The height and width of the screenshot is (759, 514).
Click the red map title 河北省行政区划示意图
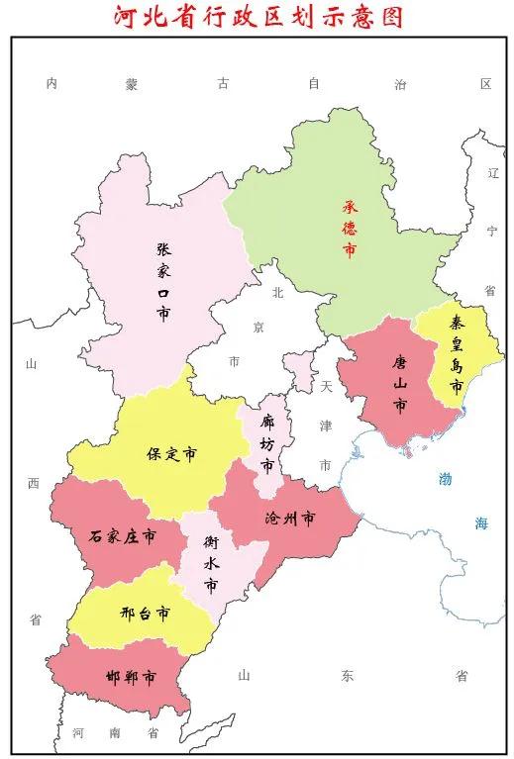click(x=257, y=17)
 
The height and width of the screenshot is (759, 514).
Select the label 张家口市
click(x=162, y=282)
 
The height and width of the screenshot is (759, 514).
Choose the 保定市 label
click(x=170, y=454)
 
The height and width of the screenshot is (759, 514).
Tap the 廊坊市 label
click(x=266, y=444)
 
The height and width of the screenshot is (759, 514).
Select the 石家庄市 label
click(x=122, y=536)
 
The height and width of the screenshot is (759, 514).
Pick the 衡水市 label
click(x=211, y=564)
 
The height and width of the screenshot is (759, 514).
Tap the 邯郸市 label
click(x=130, y=679)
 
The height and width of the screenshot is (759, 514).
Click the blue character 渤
click(x=447, y=479)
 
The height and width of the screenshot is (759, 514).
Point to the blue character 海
click(x=480, y=523)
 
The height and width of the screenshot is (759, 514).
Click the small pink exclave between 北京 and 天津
click(x=297, y=372)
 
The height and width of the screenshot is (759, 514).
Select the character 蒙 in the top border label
click(x=132, y=84)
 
